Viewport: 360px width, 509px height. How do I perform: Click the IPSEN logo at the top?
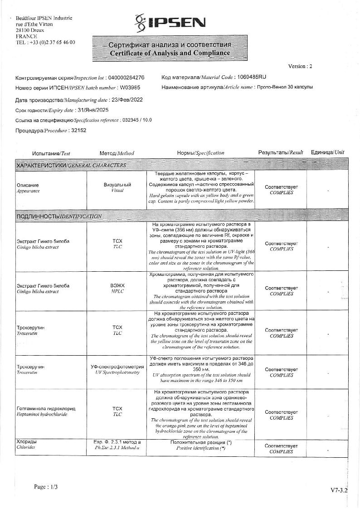tap(170, 22)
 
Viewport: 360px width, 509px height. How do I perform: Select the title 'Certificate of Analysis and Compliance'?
tap(169, 53)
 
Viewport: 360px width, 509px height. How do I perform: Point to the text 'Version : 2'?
tap(300, 66)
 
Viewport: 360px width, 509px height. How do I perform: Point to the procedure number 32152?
tap(78, 130)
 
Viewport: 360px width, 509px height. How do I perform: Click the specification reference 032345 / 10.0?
tap(136, 120)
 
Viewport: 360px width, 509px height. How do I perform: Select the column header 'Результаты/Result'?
tap(280, 152)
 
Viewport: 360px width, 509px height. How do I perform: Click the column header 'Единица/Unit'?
tap(327, 152)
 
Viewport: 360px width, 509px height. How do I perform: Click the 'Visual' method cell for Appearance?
tap(117, 188)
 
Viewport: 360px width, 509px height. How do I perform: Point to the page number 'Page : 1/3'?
tap(46, 487)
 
